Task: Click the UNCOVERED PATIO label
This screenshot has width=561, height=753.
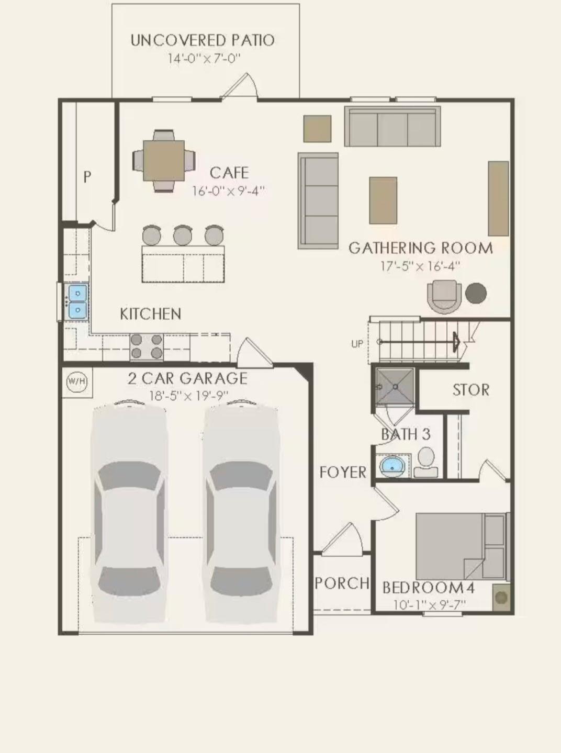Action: point(202,40)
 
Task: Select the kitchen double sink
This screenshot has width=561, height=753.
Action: point(77,302)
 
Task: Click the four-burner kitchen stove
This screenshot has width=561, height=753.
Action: point(147,346)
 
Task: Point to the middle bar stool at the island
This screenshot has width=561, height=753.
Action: point(183,235)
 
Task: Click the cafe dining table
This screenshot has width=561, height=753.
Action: point(164,161)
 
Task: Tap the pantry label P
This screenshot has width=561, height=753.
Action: point(87,177)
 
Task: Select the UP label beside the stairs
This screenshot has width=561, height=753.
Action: point(357,344)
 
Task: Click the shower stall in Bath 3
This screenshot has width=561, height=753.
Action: point(395,387)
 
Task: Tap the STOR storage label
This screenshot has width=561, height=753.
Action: point(471,390)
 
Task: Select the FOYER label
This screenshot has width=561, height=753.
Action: point(343,472)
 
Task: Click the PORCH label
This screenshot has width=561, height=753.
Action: point(342,583)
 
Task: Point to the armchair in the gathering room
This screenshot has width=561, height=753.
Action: point(444,296)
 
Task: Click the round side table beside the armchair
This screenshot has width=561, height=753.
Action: point(476,293)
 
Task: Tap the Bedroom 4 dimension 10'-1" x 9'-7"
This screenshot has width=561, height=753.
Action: point(429,605)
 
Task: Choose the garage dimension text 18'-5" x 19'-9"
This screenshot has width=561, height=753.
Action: point(188,396)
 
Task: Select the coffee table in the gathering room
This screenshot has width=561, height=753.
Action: point(383,200)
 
